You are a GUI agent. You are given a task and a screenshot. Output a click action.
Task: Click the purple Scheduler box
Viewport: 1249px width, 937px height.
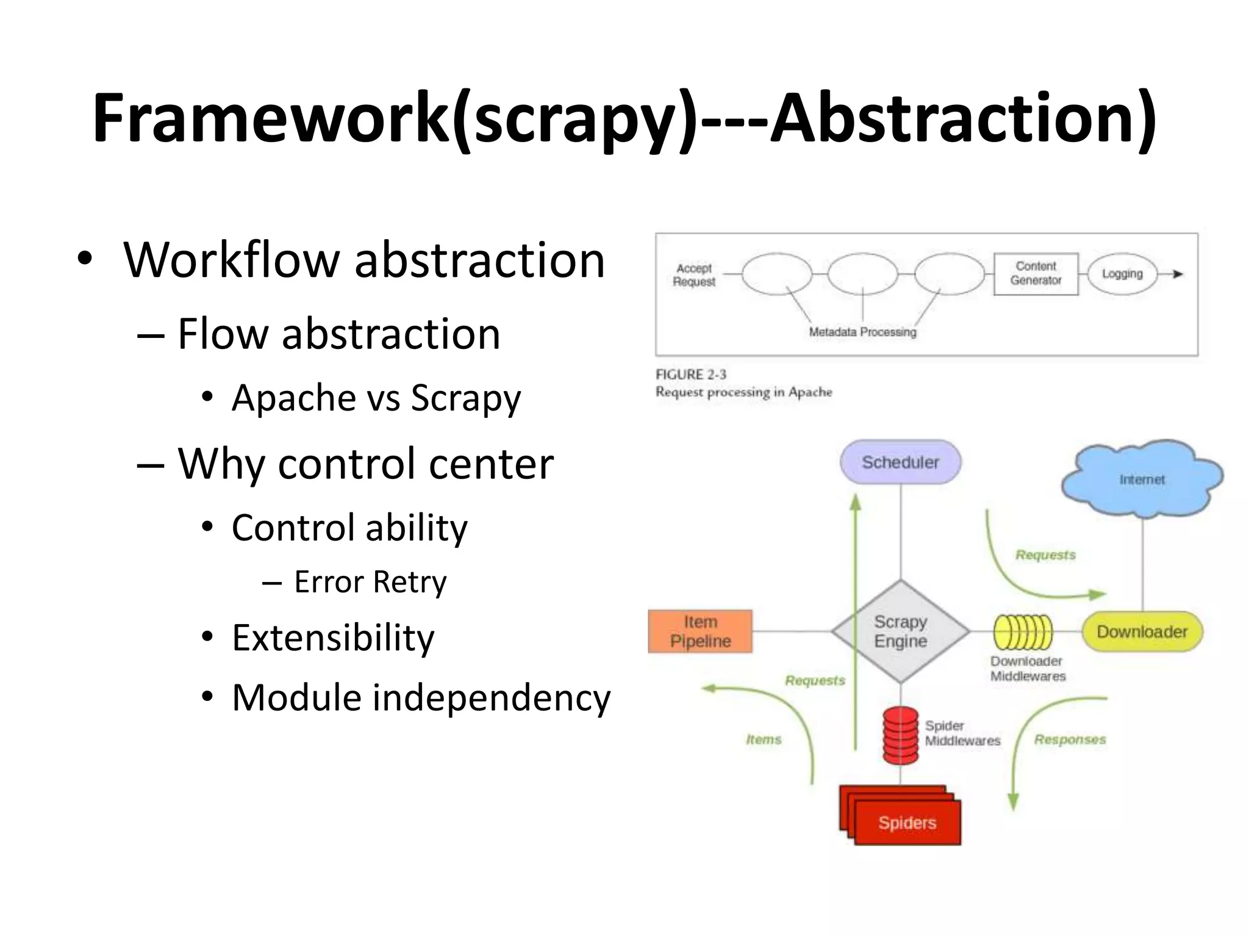(900, 462)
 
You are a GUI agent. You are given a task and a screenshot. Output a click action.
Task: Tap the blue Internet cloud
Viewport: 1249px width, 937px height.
(1142, 479)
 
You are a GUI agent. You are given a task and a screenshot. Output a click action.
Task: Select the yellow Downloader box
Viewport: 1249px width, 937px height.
(1142, 631)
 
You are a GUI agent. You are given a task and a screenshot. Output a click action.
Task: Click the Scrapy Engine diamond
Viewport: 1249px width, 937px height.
(900, 631)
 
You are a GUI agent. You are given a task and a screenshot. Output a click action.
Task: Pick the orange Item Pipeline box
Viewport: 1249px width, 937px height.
(700, 631)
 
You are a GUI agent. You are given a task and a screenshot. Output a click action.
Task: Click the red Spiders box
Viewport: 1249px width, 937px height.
(907, 822)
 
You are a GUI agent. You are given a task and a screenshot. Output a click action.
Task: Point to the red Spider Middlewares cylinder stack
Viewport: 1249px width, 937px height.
(900, 735)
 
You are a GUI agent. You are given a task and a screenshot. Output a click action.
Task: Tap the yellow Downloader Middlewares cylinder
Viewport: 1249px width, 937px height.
(1023, 631)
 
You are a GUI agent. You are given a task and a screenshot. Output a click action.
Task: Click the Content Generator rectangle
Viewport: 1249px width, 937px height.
(1036, 273)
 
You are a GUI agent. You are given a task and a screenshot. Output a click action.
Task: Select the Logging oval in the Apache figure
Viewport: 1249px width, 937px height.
(1122, 274)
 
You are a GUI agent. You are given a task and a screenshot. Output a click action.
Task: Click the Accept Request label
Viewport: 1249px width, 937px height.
(694, 275)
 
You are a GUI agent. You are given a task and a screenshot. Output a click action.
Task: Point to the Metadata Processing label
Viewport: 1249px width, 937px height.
(862, 332)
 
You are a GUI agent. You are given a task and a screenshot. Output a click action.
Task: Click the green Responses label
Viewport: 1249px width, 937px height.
(1070, 739)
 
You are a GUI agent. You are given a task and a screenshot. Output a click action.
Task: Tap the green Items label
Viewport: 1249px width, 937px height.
(764, 739)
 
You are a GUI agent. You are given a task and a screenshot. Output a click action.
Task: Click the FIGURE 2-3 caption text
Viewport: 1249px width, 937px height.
(691, 375)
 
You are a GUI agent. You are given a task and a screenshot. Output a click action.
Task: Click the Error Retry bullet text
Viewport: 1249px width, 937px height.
(370, 581)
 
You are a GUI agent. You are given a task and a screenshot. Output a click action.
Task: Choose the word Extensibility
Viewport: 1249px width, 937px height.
(333, 637)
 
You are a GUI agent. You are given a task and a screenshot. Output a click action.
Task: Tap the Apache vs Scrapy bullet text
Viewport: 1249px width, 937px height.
(376, 398)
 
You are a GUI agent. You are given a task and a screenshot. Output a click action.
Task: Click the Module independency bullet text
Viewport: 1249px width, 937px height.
(421, 697)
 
